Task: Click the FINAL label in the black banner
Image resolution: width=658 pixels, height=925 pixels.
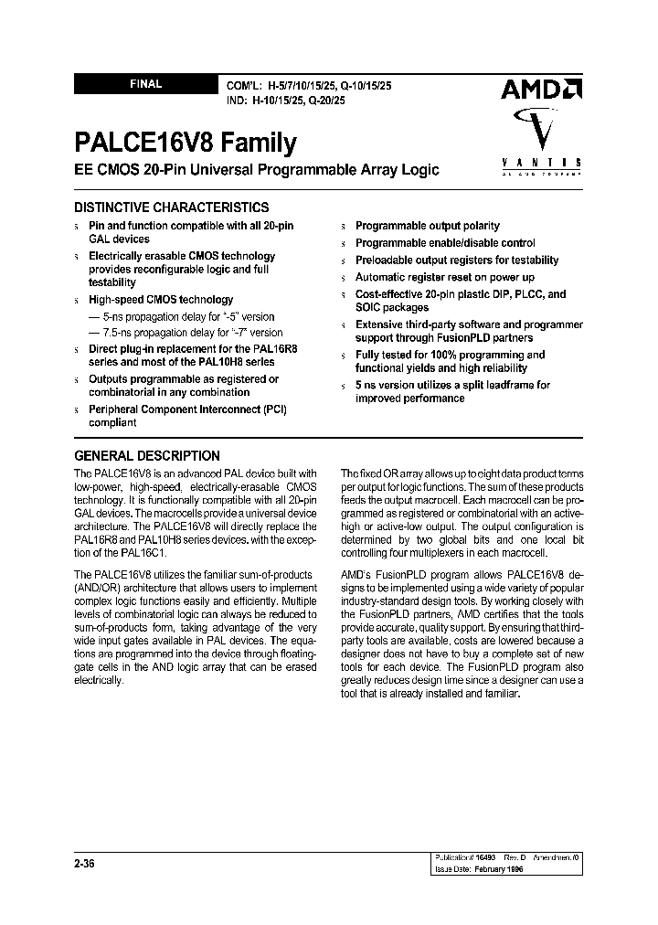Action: pyautogui.click(x=145, y=84)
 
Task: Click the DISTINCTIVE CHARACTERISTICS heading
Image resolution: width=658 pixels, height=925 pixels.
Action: pyautogui.click(x=171, y=207)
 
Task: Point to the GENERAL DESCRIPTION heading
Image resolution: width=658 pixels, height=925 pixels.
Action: pyautogui.click(x=146, y=455)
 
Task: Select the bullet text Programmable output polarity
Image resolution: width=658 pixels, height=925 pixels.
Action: pyautogui.click(x=427, y=226)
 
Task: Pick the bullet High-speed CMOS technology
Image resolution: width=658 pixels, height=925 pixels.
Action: pyautogui.click(x=160, y=300)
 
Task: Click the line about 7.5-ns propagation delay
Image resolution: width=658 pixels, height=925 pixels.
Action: pyautogui.click(x=186, y=333)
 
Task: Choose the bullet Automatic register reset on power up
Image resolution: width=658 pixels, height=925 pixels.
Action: pyautogui.click(x=444, y=277)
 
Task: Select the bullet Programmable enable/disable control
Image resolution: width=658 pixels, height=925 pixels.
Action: pyautogui.click(x=444, y=243)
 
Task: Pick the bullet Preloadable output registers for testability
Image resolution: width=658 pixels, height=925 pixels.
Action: pyautogui.click(x=456, y=260)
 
